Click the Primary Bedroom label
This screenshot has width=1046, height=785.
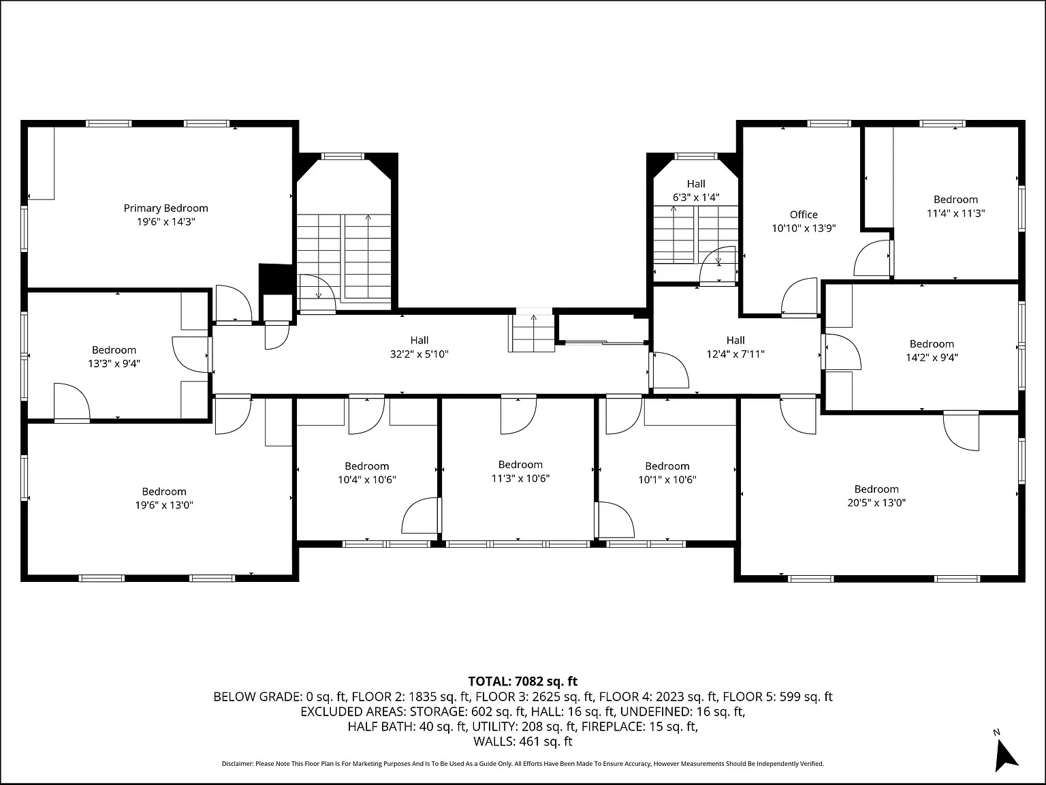(165, 209)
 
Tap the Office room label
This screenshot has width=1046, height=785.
(804, 215)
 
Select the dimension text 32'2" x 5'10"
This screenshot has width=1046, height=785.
(419, 354)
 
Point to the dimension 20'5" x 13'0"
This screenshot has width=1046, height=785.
(876, 503)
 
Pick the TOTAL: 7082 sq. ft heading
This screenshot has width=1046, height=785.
(522, 681)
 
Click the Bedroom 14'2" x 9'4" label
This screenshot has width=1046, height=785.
(932, 344)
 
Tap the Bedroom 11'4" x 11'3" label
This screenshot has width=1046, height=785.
(955, 200)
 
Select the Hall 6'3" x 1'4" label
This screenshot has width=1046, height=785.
(696, 184)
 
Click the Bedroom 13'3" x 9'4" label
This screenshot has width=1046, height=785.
(114, 350)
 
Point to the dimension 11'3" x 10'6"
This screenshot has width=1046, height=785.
(520, 478)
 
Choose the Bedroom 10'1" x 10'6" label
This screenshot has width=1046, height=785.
(667, 466)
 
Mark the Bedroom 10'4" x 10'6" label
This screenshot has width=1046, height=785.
(366, 466)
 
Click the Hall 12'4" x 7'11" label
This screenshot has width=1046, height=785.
(735, 340)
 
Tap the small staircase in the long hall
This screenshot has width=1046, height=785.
(533, 334)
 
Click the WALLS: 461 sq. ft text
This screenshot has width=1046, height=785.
(522, 741)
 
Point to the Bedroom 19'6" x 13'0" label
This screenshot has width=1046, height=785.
(164, 492)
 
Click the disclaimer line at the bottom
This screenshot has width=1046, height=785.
(522, 764)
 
